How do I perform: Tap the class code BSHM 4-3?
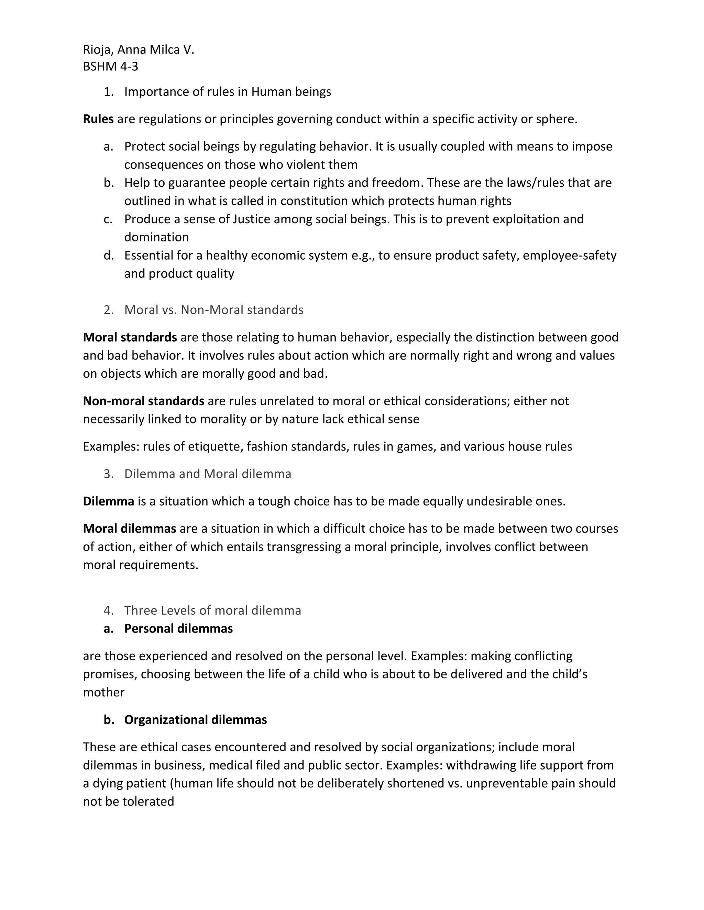click(111, 67)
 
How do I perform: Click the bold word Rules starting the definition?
click(98, 119)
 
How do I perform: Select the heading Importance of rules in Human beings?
click(227, 92)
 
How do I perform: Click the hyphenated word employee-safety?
click(569, 255)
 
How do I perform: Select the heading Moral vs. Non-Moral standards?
click(213, 310)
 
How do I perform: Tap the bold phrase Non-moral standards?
click(143, 401)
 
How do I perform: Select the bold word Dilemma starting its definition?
click(108, 501)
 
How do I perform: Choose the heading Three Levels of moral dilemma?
click(212, 611)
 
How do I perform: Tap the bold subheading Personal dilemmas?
click(178, 628)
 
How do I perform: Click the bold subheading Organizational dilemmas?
click(195, 719)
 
